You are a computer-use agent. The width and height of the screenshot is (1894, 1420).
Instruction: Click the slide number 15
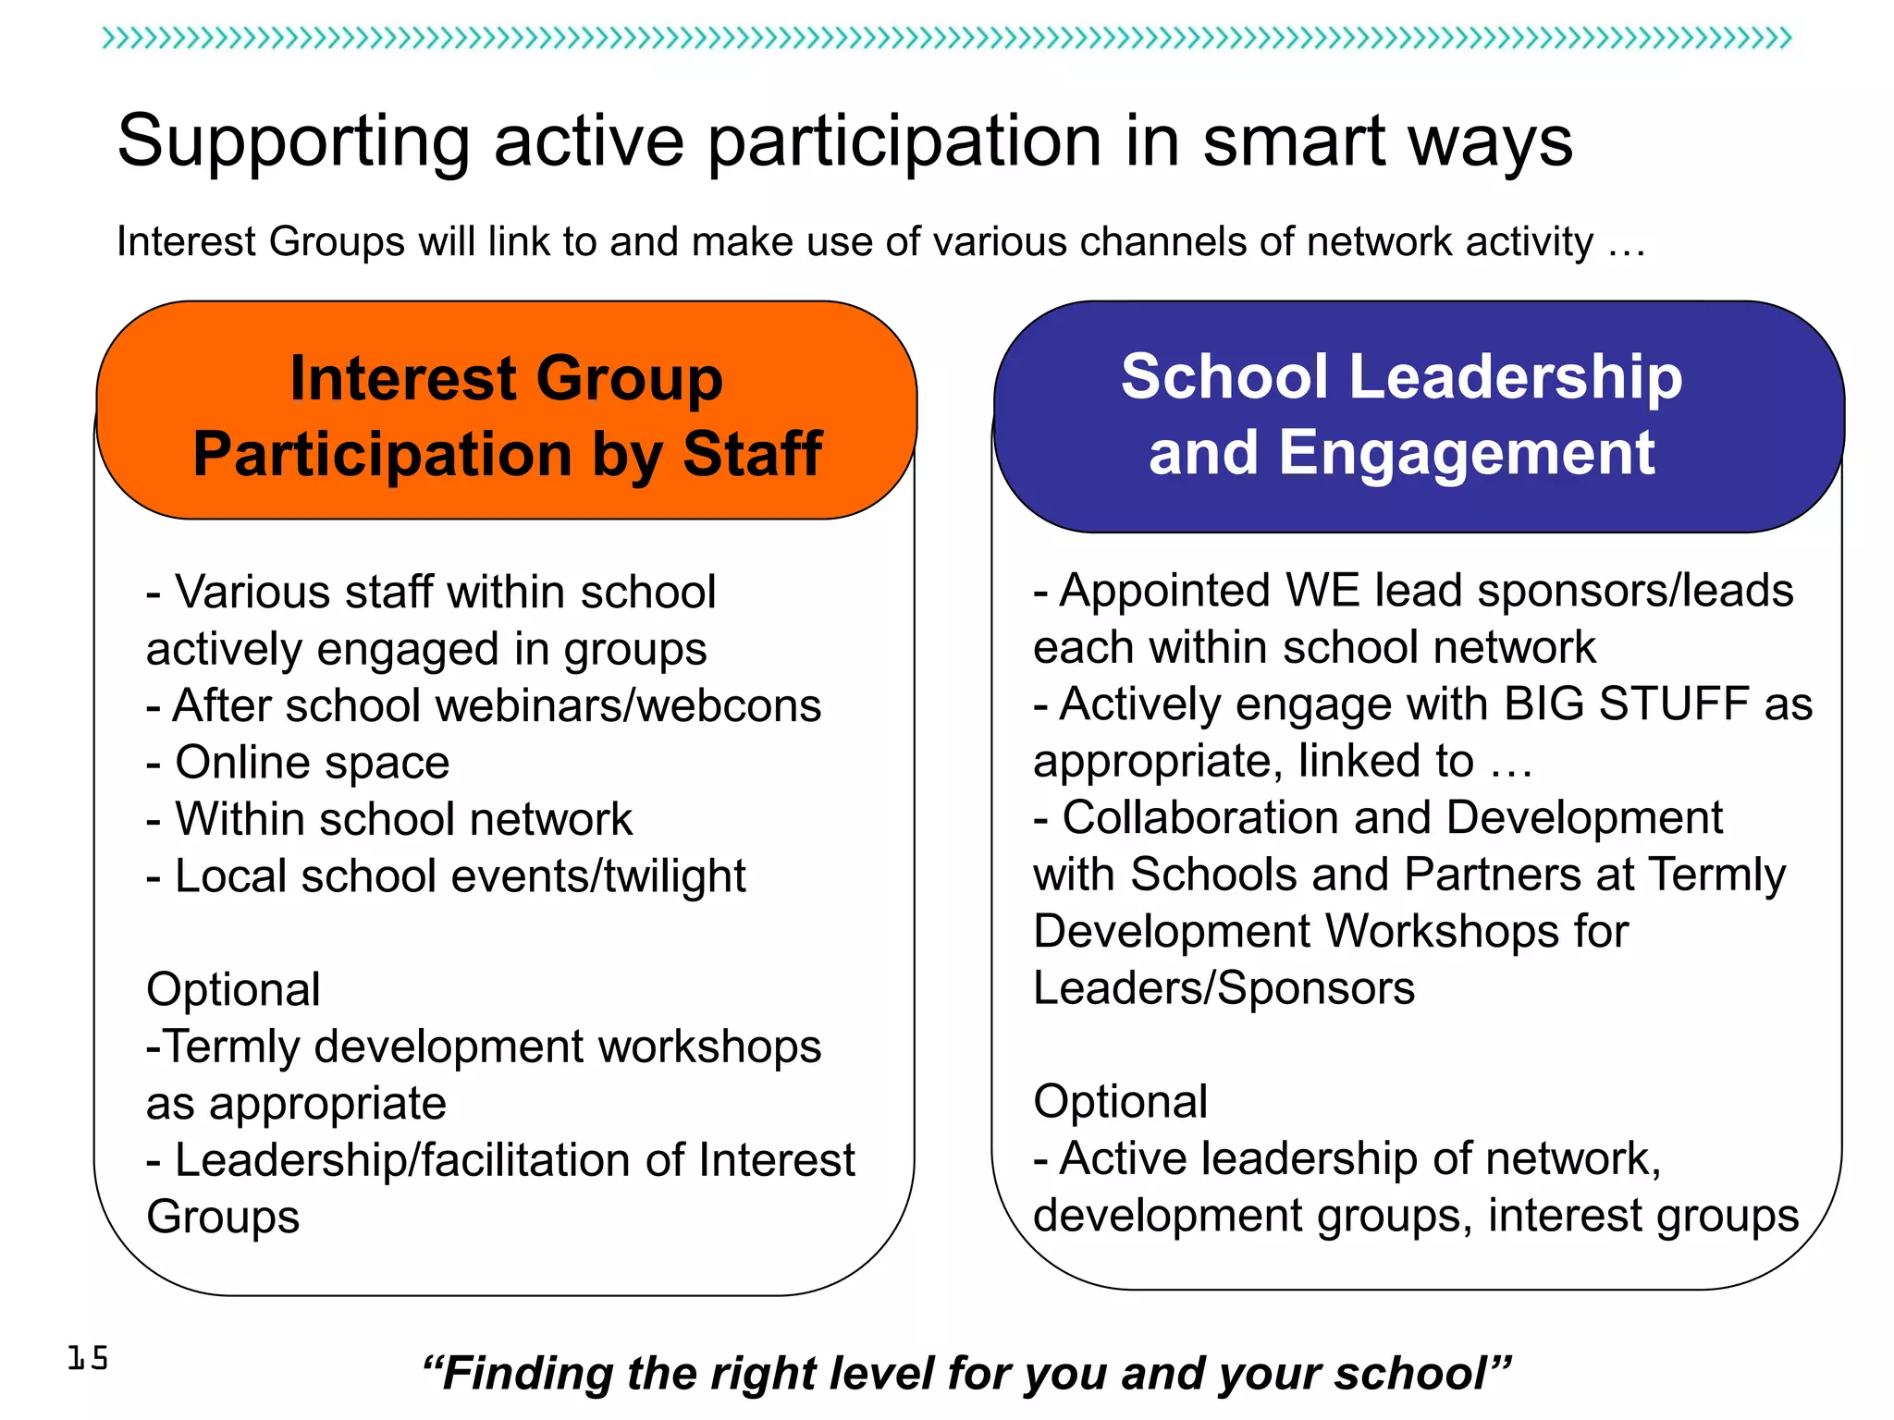88,1357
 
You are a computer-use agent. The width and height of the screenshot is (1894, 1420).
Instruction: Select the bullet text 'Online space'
312,763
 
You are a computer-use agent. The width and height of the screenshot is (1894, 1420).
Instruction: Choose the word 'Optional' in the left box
233,989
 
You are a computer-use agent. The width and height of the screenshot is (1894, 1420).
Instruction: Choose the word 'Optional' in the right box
1120,1102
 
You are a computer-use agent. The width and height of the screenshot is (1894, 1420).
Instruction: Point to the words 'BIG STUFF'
1627,704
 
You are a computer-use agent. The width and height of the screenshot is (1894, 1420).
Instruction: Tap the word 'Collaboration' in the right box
1199,818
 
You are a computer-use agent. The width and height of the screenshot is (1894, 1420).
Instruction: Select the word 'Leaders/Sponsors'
1224,988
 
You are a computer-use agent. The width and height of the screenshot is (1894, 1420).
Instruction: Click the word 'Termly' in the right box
1716,875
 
